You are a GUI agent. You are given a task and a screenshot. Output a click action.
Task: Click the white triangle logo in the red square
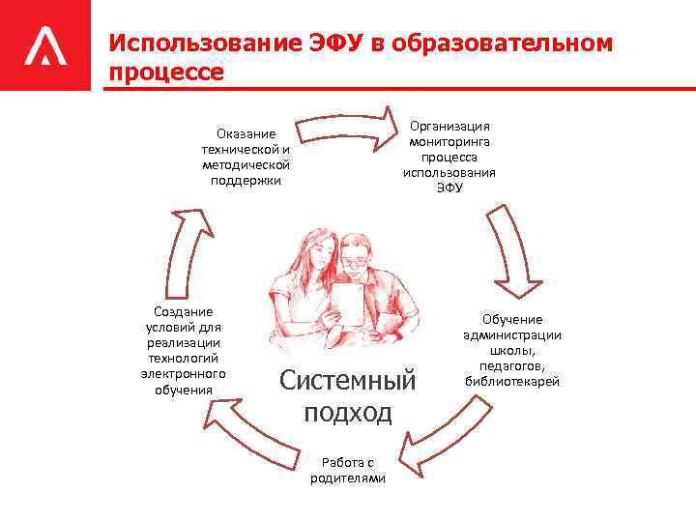[x=44, y=44]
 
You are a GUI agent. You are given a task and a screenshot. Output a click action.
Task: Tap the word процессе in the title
[x=166, y=72]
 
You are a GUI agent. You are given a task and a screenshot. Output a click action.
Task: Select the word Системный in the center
[x=347, y=379]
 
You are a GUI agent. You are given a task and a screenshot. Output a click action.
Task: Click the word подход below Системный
[x=348, y=413]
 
